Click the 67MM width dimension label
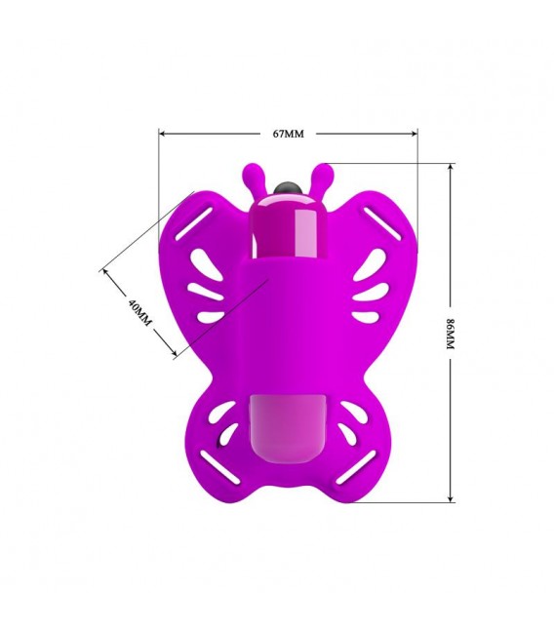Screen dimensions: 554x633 tap(289, 134)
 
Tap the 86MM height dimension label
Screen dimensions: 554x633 tap(451, 334)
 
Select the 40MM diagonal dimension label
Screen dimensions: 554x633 tap(139, 312)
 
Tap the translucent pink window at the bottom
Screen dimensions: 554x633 tap(283, 428)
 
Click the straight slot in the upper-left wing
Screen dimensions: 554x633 tap(194, 224)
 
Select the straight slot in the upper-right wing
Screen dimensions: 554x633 tap(382, 224)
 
